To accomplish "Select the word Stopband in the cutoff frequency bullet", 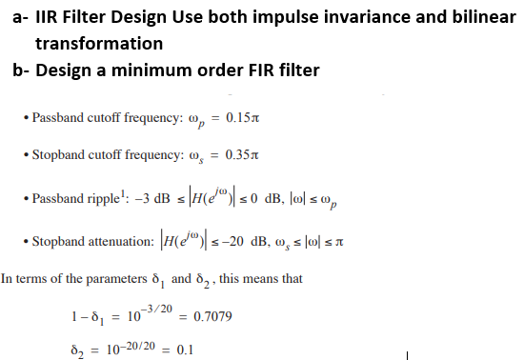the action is tap(56, 153).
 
